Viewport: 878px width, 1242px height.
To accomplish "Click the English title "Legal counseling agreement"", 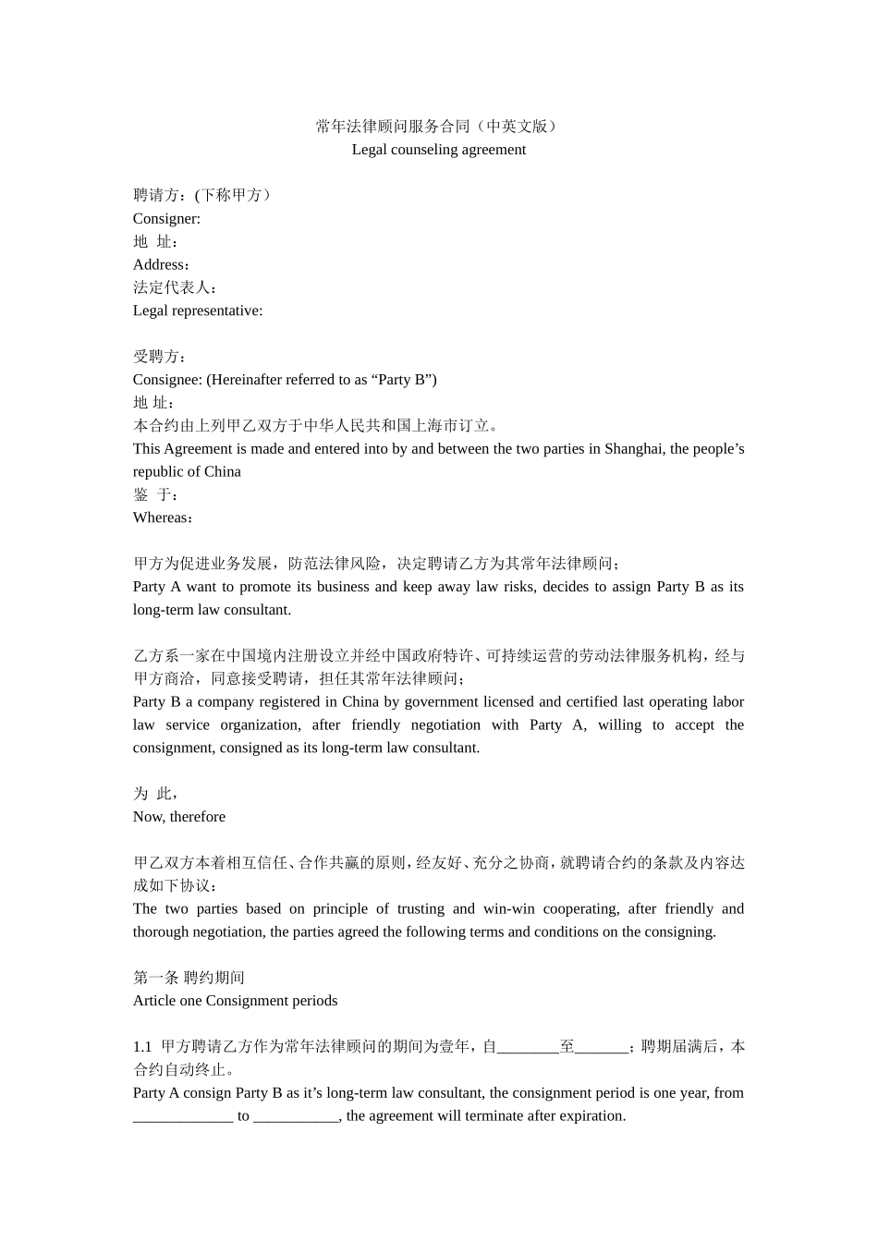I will [438, 150].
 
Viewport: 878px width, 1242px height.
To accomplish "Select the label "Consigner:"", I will [166, 219].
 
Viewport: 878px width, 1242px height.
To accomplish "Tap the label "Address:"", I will [162, 265].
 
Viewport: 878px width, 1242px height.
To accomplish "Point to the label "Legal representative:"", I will [198, 310].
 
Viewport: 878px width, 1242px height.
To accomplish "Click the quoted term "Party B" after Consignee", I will [404, 380].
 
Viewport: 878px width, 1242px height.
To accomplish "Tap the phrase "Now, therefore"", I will [179, 817].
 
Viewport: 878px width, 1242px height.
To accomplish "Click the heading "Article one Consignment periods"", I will [235, 1001].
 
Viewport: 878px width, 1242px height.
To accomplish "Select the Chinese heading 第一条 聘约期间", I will [189, 978].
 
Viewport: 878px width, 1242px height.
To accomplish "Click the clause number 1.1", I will [142, 1047].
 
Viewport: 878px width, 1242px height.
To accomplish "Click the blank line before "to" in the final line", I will [183, 1117].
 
